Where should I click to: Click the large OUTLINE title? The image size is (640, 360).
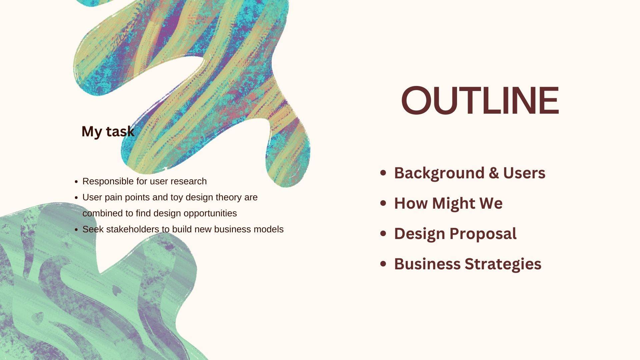[480, 100]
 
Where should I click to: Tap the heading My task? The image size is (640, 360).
[108, 131]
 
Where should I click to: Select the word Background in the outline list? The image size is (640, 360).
[439, 173]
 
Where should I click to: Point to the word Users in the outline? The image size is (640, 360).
[524, 173]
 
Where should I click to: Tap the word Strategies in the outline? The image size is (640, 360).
[503, 264]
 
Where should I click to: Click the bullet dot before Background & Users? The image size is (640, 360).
[383, 173]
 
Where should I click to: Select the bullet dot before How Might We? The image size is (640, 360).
[383, 203]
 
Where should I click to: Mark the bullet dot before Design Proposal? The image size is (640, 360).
[383, 233]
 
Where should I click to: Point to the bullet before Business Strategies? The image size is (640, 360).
[383, 264]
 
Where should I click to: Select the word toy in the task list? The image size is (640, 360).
[177, 198]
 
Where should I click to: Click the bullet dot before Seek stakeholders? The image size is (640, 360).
[76, 230]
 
